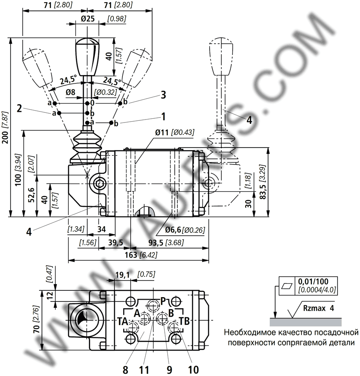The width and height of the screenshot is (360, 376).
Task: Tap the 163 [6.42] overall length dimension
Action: coord(141,255)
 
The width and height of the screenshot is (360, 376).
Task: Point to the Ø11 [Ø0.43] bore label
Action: coord(174,132)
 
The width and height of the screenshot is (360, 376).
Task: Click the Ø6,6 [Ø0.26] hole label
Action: coord(185,230)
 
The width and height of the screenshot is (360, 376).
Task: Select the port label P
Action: coord(163,301)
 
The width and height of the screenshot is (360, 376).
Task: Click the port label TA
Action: coord(122,321)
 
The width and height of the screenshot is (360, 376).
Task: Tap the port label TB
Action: coord(184,321)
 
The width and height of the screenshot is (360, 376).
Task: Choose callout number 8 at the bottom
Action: coord(125,370)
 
